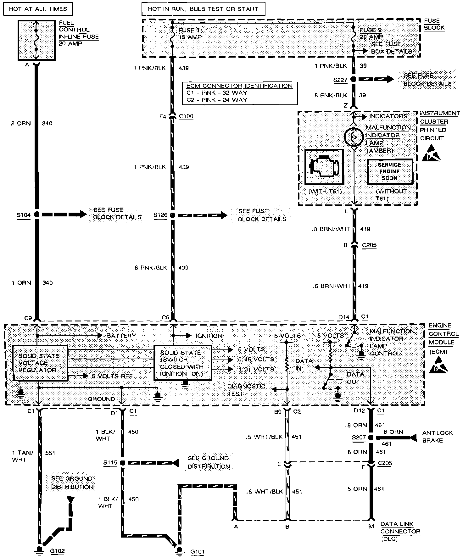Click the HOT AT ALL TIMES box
tap(38, 9)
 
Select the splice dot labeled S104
tap(37, 215)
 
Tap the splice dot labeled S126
tap(172, 215)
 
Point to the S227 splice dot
tap(353, 80)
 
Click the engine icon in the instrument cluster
tap(324, 167)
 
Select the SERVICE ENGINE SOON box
tap(389, 171)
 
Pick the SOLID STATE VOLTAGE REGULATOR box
tap(40, 363)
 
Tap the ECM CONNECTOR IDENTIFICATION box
tap(240, 93)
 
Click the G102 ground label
tap(57, 551)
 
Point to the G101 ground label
tap(197, 551)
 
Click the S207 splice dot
tap(371, 438)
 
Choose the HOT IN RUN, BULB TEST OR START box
tap(203, 9)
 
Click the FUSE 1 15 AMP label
tap(190, 34)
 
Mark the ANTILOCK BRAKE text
tap(437, 437)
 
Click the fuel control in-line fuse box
tap(36, 40)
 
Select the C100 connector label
tap(186, 116)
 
